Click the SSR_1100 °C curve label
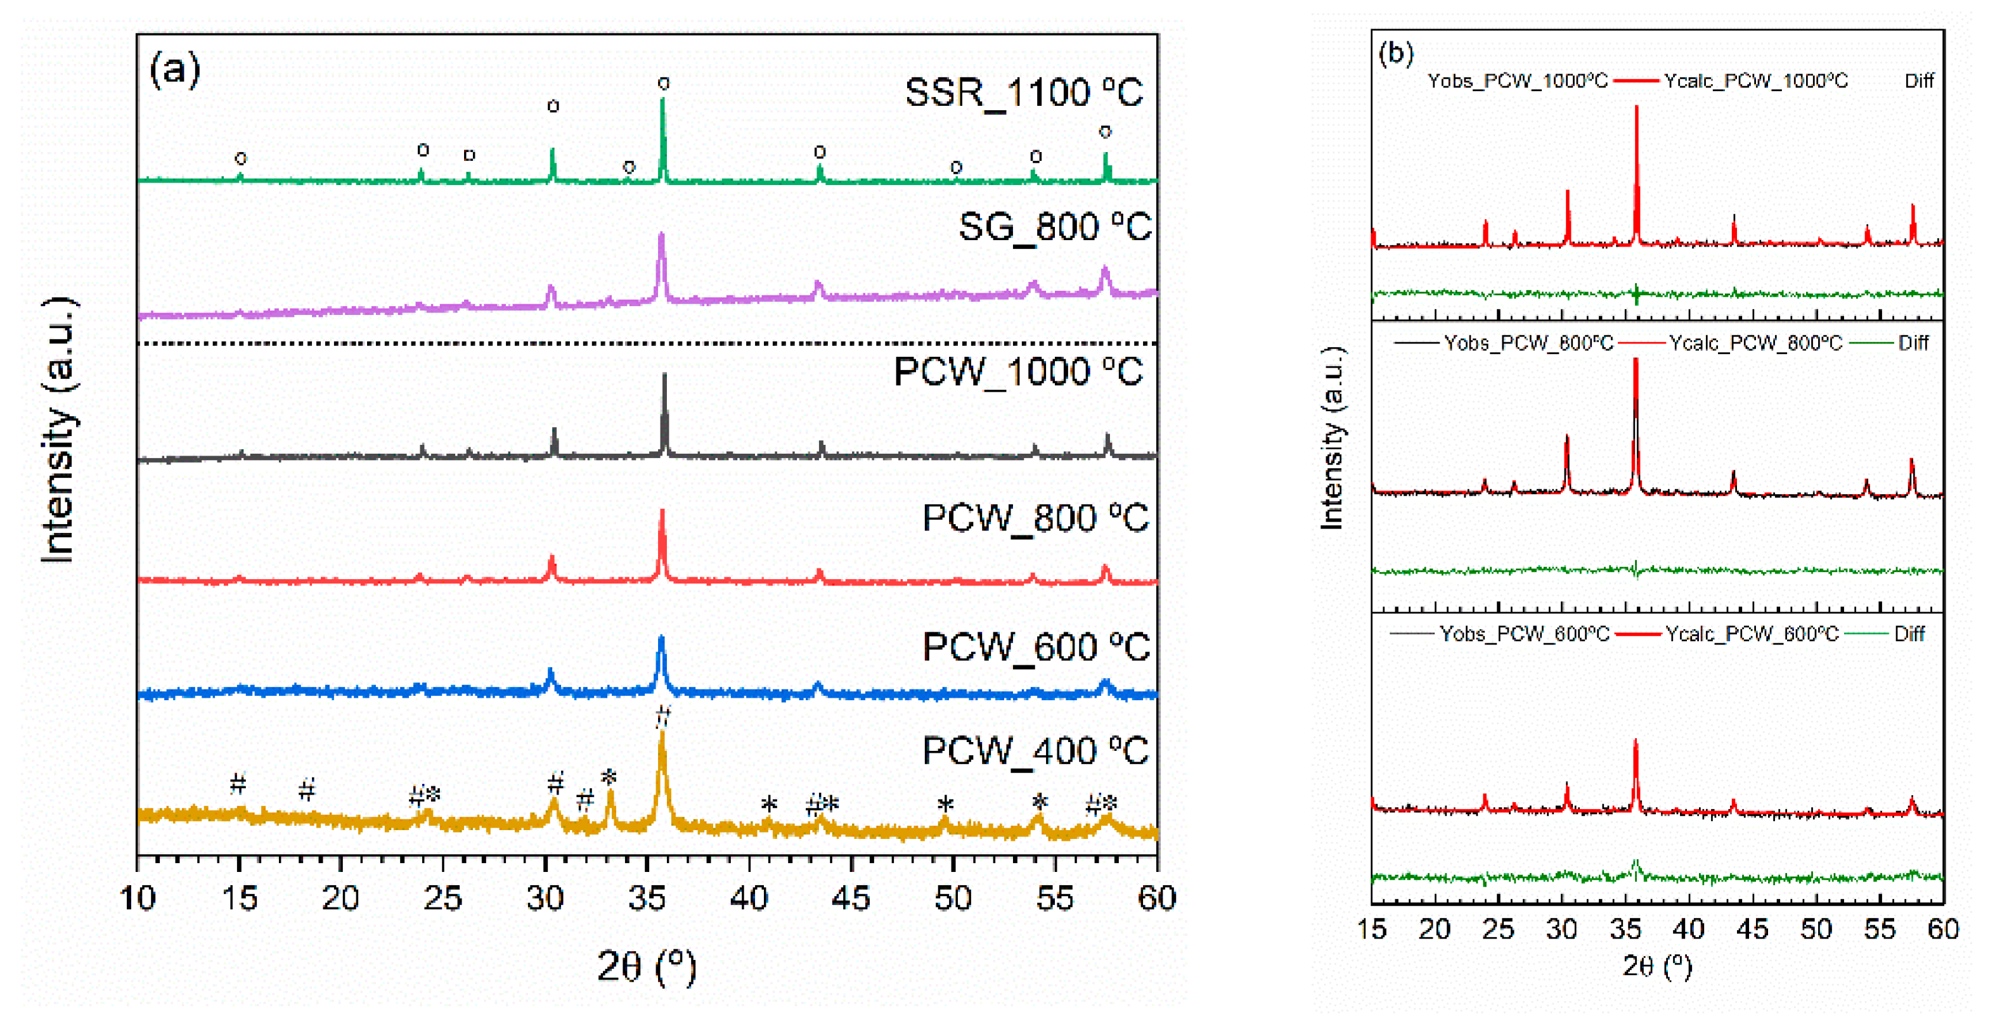[1023, 93]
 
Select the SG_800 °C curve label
[1054, 227]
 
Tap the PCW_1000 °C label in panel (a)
[1017, 373]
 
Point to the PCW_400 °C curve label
[1035, 751]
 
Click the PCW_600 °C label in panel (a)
[1035, 647]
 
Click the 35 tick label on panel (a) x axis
[647, 899]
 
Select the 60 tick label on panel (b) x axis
[1942, 929]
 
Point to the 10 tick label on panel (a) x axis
[138, 899]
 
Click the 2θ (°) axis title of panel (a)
[647, 966]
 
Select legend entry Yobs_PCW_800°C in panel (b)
[1528, 343]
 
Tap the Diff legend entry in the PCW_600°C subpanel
[1909, 634]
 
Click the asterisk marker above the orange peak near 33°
[609, 777]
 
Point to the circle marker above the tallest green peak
[664, 83]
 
